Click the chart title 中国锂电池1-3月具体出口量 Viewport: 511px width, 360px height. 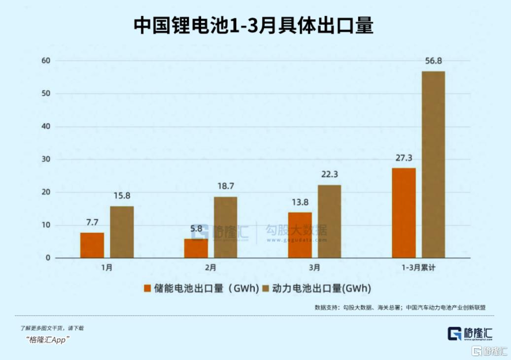coord(253,26)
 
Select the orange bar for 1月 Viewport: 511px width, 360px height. coord(92,245)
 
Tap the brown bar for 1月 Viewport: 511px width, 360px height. coord(122,232)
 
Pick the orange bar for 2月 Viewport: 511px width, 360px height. coord(196,248)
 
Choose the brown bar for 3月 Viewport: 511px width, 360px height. coord(329,221)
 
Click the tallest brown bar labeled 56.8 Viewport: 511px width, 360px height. coord(433,164)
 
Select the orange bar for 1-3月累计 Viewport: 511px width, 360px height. coord(404,213)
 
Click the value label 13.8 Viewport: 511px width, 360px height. coord(300,202)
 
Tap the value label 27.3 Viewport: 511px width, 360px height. coord(404,158)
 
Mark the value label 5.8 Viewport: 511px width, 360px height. coord(196,229)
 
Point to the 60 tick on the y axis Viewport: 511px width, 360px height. coord(46,61)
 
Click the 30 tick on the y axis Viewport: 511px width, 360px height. coord(46,160)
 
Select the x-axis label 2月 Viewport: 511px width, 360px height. coord(210,268)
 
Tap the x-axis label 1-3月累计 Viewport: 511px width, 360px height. coord(418,268)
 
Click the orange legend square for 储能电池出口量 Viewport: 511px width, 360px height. coord(146,288)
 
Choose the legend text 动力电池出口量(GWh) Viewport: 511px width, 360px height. coord(321,288)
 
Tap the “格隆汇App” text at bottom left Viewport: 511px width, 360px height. coord(47,339)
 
